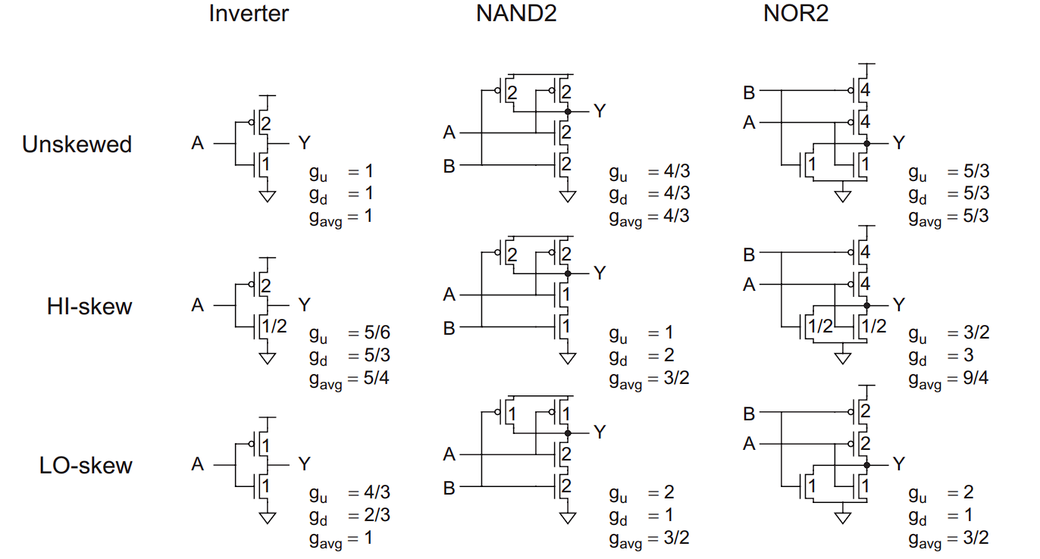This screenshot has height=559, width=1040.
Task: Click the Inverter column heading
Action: tap(249, 14)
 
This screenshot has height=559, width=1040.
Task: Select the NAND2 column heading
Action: tap(516, 14)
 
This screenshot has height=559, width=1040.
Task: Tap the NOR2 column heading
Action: tap(796, 14)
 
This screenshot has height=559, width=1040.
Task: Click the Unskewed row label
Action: tap(77, 144)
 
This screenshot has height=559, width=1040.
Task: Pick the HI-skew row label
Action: tap(89, 307)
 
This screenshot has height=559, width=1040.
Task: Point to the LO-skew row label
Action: tap(86, 466)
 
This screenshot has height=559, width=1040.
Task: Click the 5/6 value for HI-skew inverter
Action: tap(377, 333)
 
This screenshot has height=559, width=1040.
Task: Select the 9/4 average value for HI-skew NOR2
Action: tap(976, 378)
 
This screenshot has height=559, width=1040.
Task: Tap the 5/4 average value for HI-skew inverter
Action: tap(376, 378)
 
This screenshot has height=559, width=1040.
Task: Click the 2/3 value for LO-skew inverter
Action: tap(377, 515)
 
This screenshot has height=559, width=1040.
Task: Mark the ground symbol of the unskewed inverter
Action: tap(268, 196)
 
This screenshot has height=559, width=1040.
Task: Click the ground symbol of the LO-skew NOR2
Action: tap(843, 517)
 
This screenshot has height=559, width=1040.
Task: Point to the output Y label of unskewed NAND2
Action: tap(600, 111)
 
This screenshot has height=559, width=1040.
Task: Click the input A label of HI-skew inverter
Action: tap(198, 305)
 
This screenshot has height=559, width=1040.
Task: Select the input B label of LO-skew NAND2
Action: tap(449, 488)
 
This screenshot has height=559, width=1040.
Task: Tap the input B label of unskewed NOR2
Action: tap(749, 92)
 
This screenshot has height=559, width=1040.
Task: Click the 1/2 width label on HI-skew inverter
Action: tap(274, 326)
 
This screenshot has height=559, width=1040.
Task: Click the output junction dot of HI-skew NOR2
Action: tap(867, 305)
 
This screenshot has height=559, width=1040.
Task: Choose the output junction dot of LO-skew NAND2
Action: tap(568, 433)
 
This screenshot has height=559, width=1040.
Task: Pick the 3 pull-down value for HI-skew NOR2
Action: tap(969, 355)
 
